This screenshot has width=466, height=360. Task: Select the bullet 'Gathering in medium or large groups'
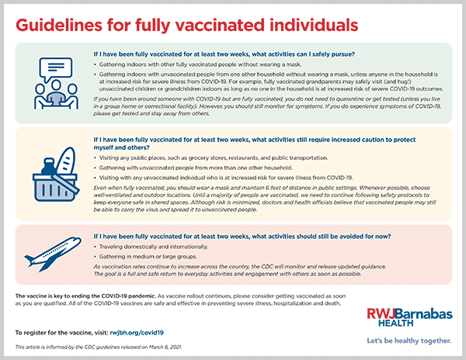point(141,255)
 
